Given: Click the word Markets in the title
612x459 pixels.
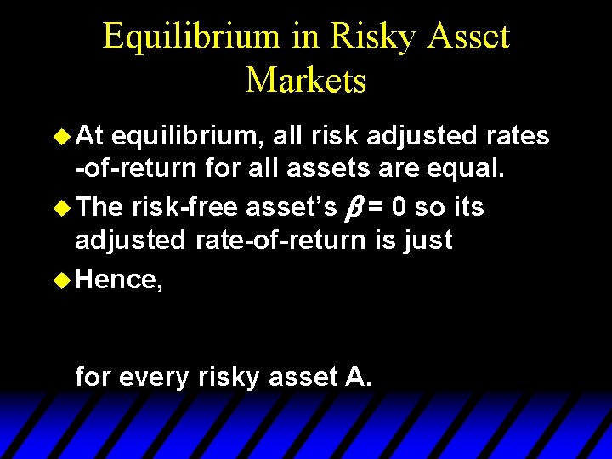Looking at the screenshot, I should pyautogui.click(x=306, y=80).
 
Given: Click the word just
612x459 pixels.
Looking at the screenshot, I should pyautogui.click(x=429, y=241).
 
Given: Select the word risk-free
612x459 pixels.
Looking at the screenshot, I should pyautogui.click(x=185, y=207).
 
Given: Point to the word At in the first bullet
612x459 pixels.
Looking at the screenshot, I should pyautogui.click(x=92, y=136).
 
